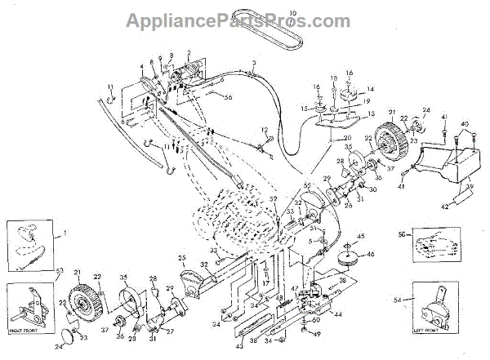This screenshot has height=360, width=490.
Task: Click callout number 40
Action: point(465,124)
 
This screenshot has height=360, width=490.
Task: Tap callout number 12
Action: point(265,131)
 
